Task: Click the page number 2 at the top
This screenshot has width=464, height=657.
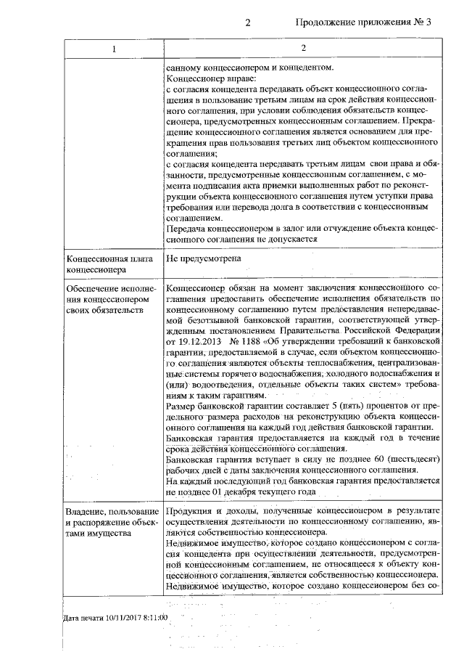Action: (x=247, y=22)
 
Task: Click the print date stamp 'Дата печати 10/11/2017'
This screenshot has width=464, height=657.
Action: (x=115, y=617)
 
